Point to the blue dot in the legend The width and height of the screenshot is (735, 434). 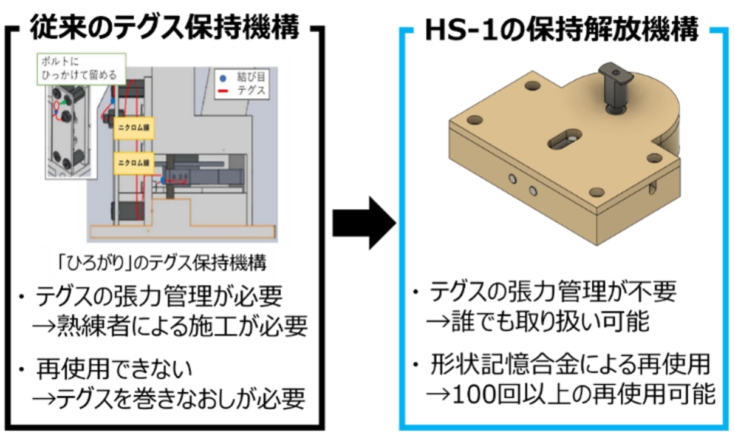pos(224,78)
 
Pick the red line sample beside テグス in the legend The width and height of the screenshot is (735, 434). pos(224,91)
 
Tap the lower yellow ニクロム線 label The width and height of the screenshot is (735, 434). pos(132,163)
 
